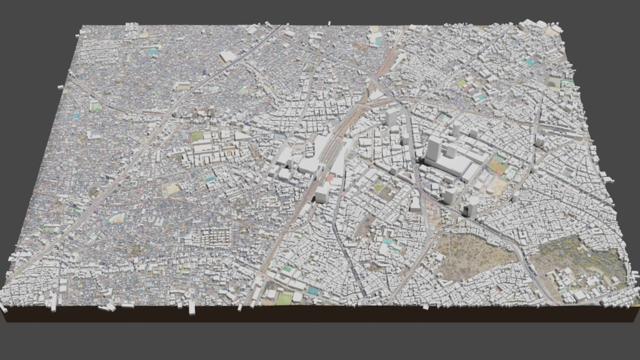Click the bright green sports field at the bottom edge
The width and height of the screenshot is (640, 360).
tap(284, 299)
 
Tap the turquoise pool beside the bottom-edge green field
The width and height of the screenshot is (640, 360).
tap(312, 291)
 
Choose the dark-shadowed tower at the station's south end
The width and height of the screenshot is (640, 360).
tap(322, 193)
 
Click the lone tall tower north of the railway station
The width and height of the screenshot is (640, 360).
tap(392, 117)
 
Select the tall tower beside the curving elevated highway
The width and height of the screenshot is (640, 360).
tap(472, 206)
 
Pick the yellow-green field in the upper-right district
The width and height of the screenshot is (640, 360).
tap(462, 82)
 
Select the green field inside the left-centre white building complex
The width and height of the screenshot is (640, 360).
tap(197, 136)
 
